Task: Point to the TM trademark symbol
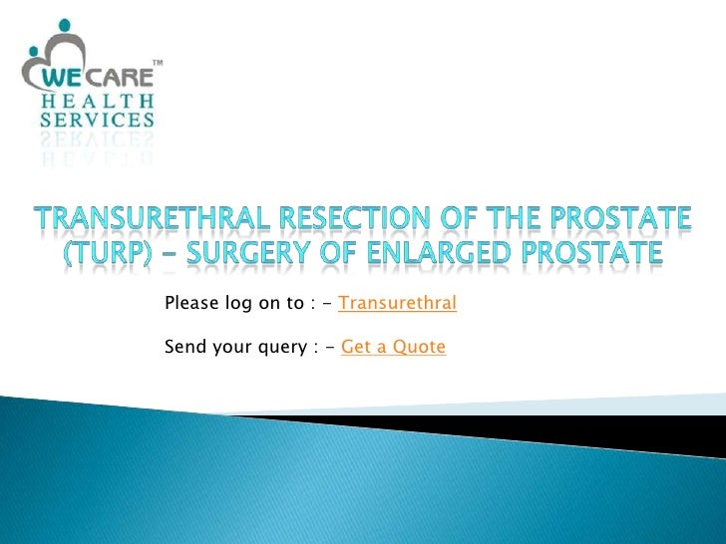point(157,65)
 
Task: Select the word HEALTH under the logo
point(98,102)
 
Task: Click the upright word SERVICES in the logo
point(98,121)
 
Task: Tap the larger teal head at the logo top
point(66,29)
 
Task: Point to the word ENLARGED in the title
point(445,253)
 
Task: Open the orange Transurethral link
point(397,303)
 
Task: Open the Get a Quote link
point(393,347)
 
